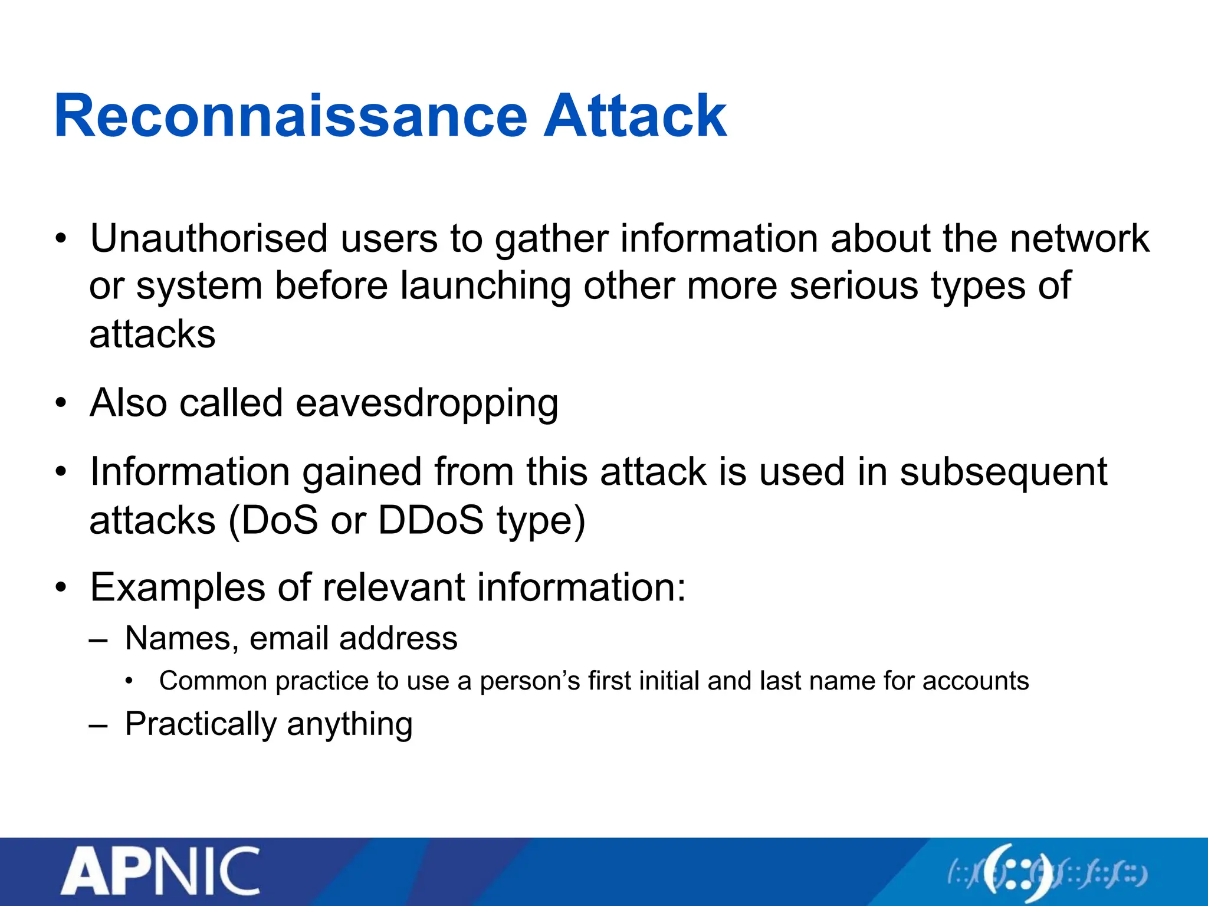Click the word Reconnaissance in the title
pyautogui.click(x=290, y=116)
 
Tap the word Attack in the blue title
pyautogui.click(x=635, y=116)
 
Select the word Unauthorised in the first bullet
pyautogui.click(x=209, y=239)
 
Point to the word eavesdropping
pyautogui.click(x=426, y=404)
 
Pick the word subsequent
pyautogui.click(x=1003, y=472)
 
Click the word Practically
pyautogui.click(x=200, y=724)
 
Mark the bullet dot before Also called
pyautogui.click(x=61, y=404)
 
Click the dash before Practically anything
pyautogui.click(x=98, y=725)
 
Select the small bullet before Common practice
pyautogui.click(x=130, y=682)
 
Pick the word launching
pyautogui.click(x=485, y=287)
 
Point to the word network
pyautogui.click(x=1079, y=239)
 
